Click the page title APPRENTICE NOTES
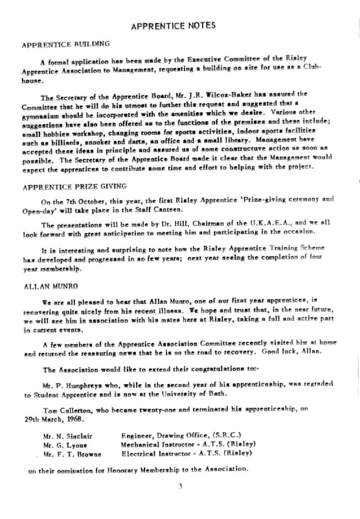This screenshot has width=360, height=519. coord(173,26)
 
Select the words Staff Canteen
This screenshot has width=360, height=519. coord(164,210)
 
